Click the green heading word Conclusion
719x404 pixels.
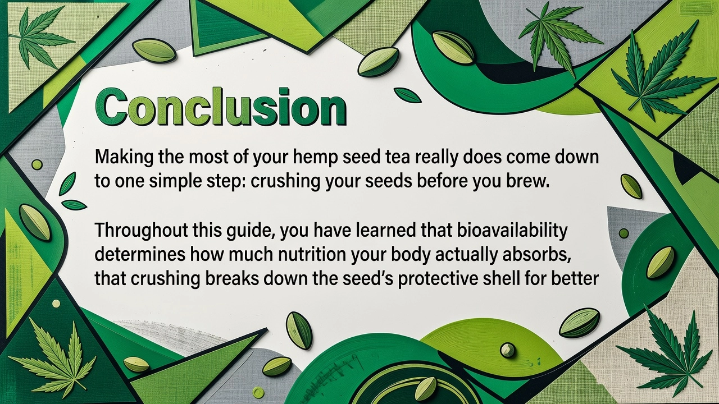point(221,107)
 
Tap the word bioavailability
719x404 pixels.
point(512,231)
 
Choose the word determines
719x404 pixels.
point(140,255)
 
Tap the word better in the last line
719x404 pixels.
point(575,278)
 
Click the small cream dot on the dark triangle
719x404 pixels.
point(56,304)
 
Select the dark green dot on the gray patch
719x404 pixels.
point(624,233)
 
